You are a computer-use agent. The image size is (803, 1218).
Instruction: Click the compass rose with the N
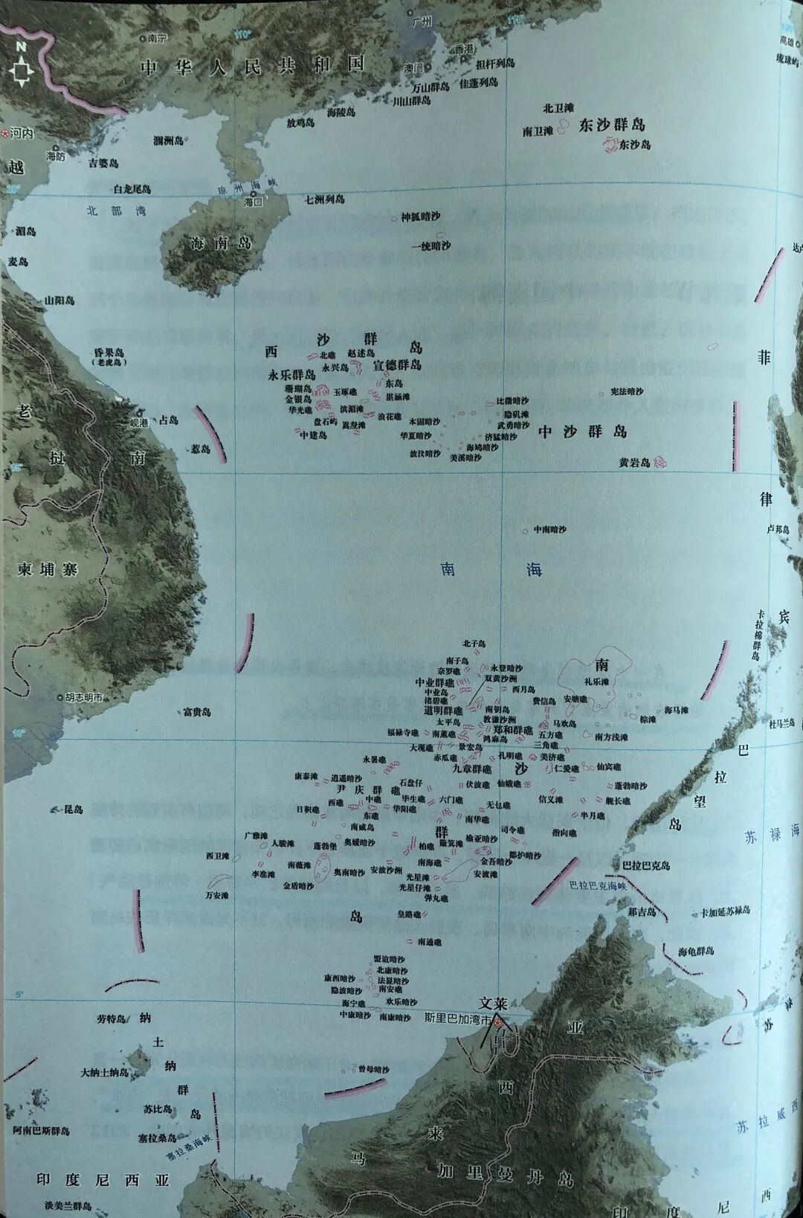(21, 68)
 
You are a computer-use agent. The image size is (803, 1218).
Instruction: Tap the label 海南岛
(221, 243)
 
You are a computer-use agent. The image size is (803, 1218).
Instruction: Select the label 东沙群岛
(611, 124)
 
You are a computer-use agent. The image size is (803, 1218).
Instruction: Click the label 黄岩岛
(634, 462)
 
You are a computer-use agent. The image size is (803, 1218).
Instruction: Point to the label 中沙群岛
(582, 432)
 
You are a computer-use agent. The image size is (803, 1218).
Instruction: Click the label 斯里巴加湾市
(457, 1019)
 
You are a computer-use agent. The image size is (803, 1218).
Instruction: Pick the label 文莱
(493, 1003)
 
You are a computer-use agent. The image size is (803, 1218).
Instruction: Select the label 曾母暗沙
(373, 1069)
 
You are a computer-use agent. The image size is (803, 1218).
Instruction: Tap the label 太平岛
(448, 722)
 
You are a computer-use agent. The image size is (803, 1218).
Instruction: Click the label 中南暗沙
(549, 530)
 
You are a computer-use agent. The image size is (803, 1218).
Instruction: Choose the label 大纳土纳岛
(104, 1073)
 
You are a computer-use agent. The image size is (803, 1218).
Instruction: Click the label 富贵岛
(197, 712)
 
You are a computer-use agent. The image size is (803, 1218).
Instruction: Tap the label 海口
(254, 202)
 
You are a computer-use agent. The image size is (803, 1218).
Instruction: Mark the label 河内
(22, 133)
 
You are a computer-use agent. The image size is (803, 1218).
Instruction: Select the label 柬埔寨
(48, 569)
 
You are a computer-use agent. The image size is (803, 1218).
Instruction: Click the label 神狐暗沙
(420, 217)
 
